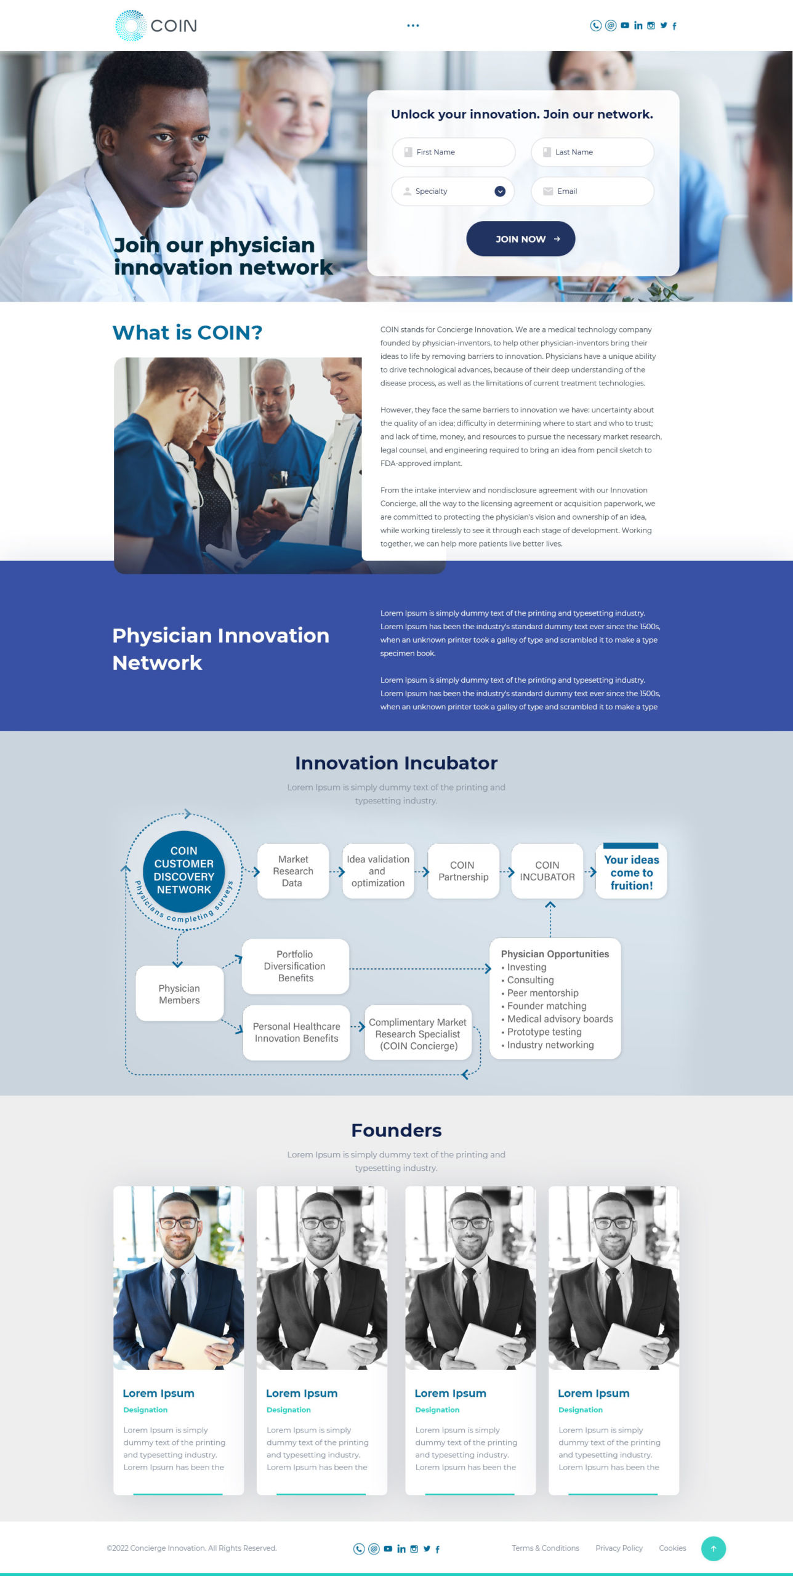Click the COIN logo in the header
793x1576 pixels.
(x=156, y=26)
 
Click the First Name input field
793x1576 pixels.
(x=454, y=152)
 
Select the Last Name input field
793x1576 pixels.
(x=592, y=152)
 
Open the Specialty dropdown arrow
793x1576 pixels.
(x=500, y=191)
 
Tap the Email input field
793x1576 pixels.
(x=592, y=191)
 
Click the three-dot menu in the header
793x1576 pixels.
(x=413, y=26)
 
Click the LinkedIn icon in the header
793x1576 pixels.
(x=638, y=25)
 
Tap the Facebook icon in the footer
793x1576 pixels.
(x=438, y=1549)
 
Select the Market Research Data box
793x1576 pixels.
(x=293, y=871)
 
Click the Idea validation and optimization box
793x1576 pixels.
(x=378, y=871)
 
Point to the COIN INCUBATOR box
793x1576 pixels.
(x=547, y=871)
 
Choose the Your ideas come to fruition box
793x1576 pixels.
(x=631, y=871)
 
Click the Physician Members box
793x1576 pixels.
(x=179, y=994)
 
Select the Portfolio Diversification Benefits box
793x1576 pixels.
(x=296, y=966)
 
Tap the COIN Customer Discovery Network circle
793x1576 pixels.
(x=183, y=870)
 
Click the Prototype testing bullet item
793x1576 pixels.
(x=541, y=1032)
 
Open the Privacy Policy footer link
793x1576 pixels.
(x=619, y=1548)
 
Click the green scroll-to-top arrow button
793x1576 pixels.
(x=714, y=1549)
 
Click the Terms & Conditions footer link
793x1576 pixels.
(x=545, y=1548)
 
